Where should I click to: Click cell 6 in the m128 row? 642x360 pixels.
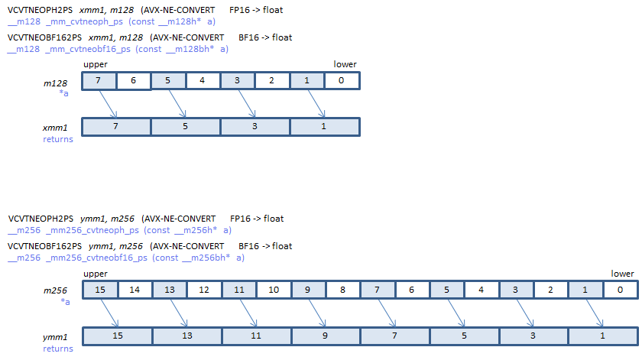pyautogui.click(x=134, y=81)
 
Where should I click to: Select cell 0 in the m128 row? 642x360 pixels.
pyautogui.click(x=342, y=81)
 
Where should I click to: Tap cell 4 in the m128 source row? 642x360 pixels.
pyautogui.click(x=203, y=81)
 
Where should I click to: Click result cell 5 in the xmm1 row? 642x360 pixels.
pyautogui.click(x=186, y=127)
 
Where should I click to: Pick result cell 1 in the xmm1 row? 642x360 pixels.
pyautogui.click(x=325, y=127)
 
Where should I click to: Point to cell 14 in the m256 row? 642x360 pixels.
pyautogui.click(x=135, y=290)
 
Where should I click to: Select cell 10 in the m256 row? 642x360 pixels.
pyautogui.click(x=274, y=290)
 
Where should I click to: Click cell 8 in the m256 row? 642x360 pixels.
pyautogui.click(x=343, y=290)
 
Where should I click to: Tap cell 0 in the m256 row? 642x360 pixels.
pyautogui.click(x=621, y=290)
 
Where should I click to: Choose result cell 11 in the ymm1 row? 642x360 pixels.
pyautogui.click(x=256, y=336)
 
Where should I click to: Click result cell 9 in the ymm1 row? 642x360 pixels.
pyautogui.click(x=326, y=336)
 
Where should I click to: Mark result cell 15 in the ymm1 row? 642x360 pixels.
pyautogui.click(x=118, y=336)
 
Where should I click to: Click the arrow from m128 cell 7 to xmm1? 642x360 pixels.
pyautogui.click(x=108, y=104)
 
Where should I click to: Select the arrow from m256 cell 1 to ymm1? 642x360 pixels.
pyautogui.click(x=594, y=313)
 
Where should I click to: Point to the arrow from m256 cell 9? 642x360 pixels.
pyautogui.click(x=317, y=313)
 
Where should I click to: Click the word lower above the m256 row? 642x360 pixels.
pyautogui.click(x=622, y=274)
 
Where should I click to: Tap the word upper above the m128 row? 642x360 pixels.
pyautogui.click(x=96, y=64)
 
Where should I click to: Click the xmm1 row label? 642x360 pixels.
pyautogui.click(x=55, y=128)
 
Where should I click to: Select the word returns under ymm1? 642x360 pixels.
pyautogui.click(x=58, y=349)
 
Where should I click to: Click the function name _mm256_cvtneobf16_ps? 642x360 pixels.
pyautogui.click(x=96, y=258)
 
